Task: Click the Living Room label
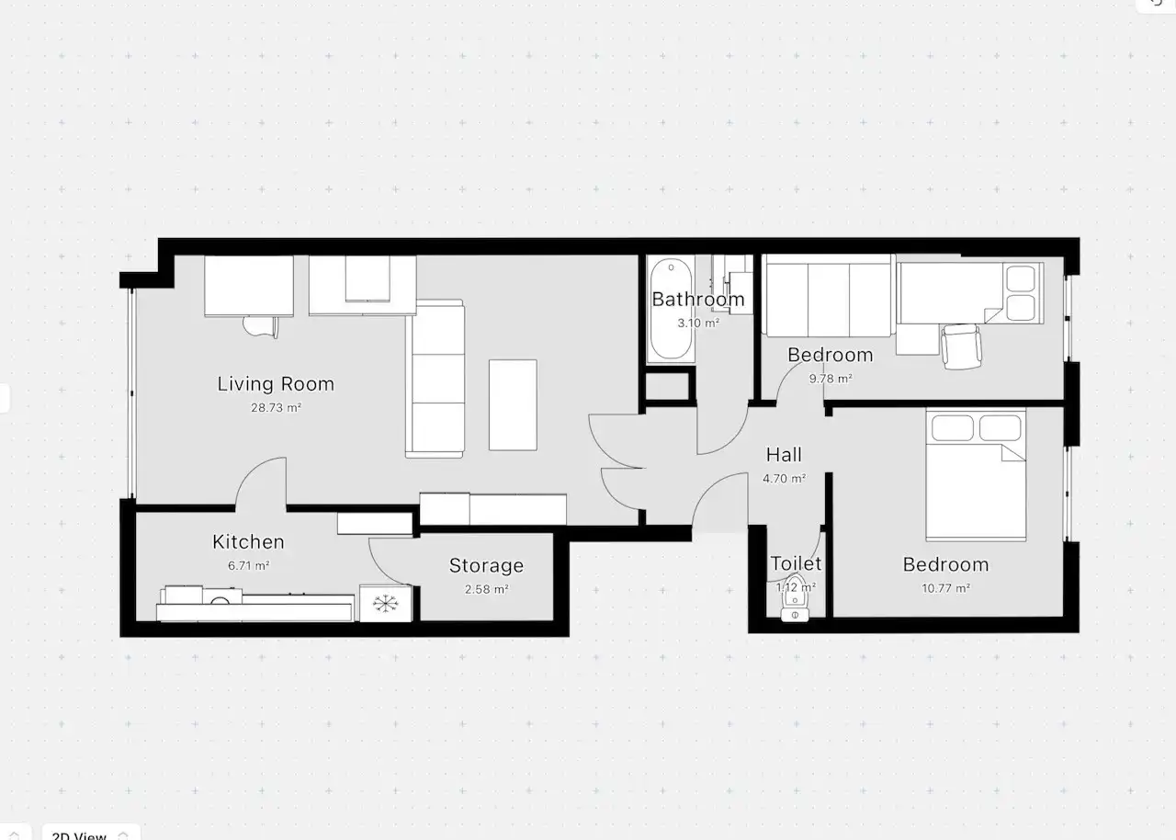point(276,384)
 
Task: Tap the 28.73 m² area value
point(276,408)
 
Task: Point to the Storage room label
point(486,566)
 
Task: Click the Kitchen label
point(248,542)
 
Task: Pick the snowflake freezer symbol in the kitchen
point(384,604)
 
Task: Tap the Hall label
point(784,455)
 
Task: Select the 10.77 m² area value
point(945,588)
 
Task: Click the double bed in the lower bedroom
point(975,487)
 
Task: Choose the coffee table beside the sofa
point(513,404)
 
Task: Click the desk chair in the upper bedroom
point(961,346)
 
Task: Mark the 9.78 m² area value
point(830,378)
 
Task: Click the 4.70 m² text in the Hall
point(784,478)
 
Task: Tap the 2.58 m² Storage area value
point(486,589)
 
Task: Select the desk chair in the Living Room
point(260,325)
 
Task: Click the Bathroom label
point(698,300)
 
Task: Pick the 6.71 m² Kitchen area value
point(248,566)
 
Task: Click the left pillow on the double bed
point(952,428)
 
